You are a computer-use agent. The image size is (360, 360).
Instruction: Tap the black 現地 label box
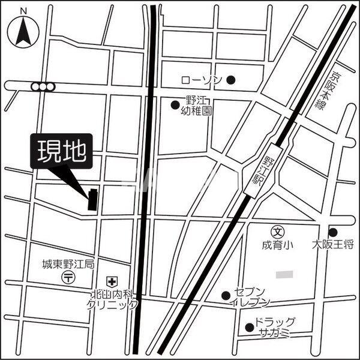(62, 151)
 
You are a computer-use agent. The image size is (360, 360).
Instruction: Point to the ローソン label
(202, 80)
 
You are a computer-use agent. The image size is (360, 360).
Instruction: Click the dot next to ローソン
(231, 79)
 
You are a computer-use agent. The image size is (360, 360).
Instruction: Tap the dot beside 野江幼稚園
(175, 106)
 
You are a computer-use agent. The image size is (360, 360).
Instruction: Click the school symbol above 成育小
(278, 231)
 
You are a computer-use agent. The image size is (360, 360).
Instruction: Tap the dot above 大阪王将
(333, 232)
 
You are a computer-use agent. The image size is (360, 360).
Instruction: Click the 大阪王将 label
(333, 245)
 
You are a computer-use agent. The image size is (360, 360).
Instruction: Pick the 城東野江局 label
(68, 265)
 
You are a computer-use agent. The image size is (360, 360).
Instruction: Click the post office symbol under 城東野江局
(68, 277)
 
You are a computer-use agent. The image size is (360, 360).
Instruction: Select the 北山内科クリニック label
(112, 299)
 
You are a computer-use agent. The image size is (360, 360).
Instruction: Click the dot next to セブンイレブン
(226, 295)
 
